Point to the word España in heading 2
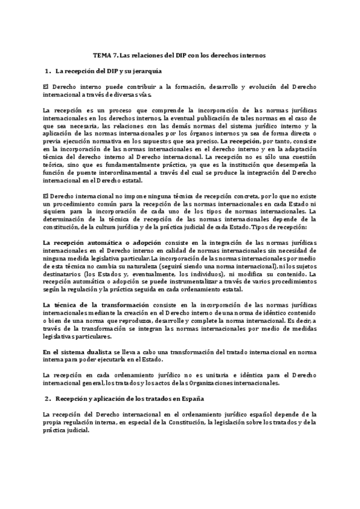coord(187,399)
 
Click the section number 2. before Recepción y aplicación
coord(48,399)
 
